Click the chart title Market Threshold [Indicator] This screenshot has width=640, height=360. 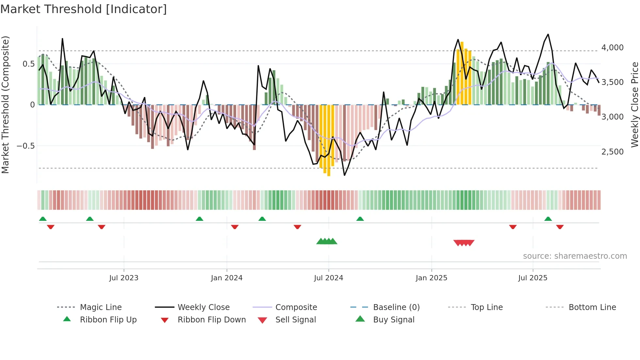[84, 9]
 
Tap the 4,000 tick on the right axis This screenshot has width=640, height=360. [612, 48]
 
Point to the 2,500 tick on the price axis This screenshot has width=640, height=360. [612, 152]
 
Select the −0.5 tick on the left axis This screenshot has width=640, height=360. [26, 146]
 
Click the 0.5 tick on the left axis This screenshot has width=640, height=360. [28, 64]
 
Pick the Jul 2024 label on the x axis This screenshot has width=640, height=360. [328, 278]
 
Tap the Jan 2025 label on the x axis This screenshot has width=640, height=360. [431, 278]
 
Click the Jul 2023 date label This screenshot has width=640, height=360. [123, 278]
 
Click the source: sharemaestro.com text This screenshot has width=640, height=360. [575, 256]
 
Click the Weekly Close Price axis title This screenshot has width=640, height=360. [634, 105]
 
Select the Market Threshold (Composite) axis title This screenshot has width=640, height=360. [5, 105]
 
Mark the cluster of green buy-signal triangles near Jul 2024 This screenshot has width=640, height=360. [327, 241]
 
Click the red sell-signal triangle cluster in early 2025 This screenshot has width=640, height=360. [464, 243]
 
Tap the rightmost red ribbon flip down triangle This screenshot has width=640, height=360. [560, 227]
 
